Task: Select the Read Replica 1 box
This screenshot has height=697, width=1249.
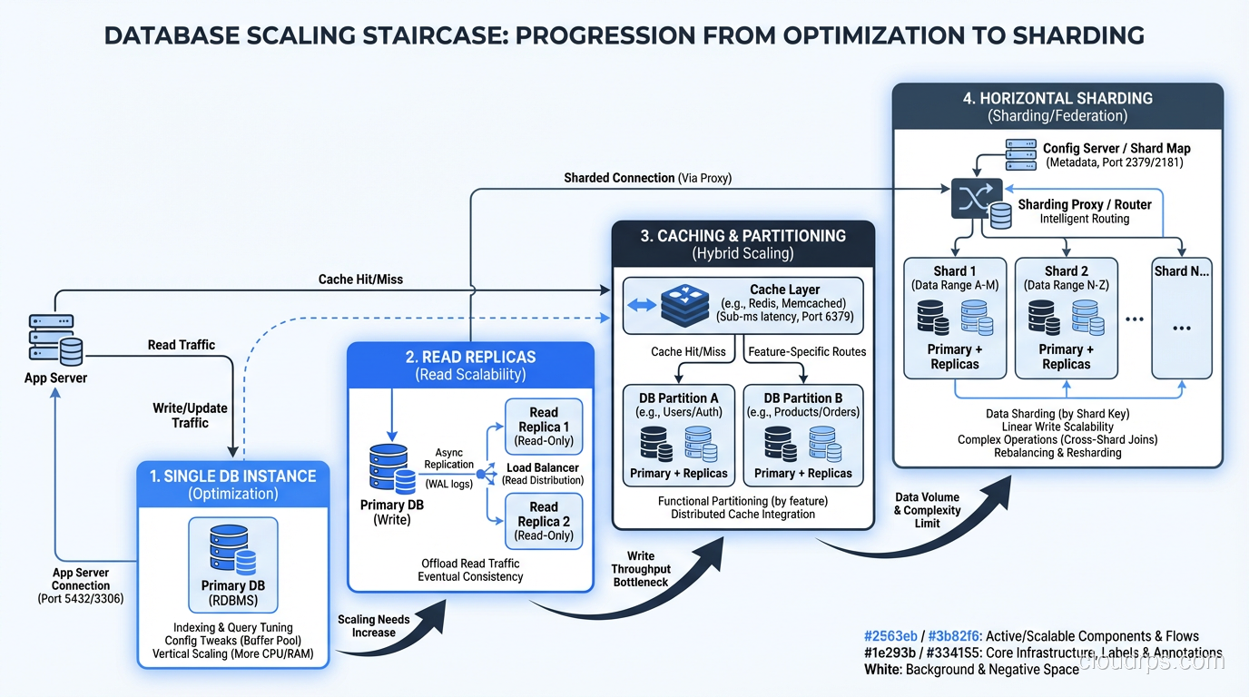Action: pyautogui.click(x=544, y=427)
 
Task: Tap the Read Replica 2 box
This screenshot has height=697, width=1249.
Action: pyautogui.click(x=544, y=521)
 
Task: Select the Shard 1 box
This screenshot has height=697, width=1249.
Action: pyautogui.click(x=955, y=318)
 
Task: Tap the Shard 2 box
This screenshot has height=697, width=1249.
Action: pyautogui.click(x=1066, y=318)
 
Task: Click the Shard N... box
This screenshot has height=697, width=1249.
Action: pyautogui.click(x=1181, y=318)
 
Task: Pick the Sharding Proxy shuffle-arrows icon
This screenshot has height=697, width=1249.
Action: pyautogui.click(x=977, y=199)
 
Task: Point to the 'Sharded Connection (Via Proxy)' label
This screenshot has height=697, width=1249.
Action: pyautogui.click(x=647, y=178)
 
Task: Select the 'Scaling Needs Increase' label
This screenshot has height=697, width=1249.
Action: pyautogui.click(x=373, y=625)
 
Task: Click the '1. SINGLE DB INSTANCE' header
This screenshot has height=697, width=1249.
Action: pyautogui.click(x=233, y=476)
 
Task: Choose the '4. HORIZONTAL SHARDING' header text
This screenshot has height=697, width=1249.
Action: pyautogui.click(x=1057, y=98)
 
